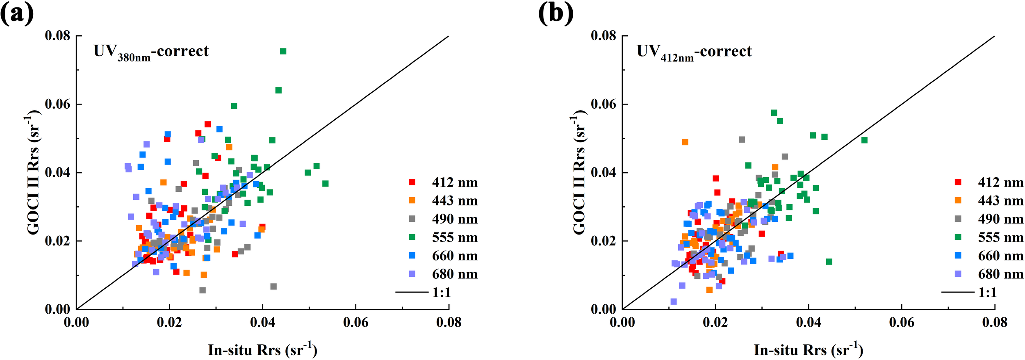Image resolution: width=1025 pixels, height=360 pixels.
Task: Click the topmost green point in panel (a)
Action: pyautogui.click(x=283, y=51)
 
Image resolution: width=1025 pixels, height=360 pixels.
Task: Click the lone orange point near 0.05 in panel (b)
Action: pyautogui.click(x=685, y=142)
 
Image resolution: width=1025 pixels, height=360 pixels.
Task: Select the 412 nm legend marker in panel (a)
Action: pyautogui.click(x=412, y=182)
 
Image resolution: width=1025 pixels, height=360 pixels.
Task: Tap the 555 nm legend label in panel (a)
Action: pyautogui.click(x=455, y=237)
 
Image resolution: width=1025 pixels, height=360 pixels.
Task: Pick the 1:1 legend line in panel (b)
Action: pyautogui.click(x=957, y=292)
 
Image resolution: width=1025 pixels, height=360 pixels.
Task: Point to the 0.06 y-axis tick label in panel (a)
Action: pyautogui.click(x=57, y=104)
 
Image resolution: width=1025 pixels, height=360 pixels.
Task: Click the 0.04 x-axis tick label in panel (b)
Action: pyautogui.click(x=809, y=322)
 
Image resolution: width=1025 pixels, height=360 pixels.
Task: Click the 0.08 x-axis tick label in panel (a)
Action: pyautogui.click(x=449, y=322)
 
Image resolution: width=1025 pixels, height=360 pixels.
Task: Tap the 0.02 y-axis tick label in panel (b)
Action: pyautogui.click(x=604, y=241)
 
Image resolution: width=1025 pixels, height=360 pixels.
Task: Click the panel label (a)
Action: pyautogui.click(x=16, y=14)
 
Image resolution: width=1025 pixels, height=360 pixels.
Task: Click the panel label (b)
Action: pyautogui.click(x=556, y=14)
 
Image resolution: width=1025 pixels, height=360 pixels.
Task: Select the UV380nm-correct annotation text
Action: pyautogui.click(x=151, y=52)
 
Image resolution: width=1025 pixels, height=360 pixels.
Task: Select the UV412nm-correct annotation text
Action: pyautogui.click(x=694, y=52)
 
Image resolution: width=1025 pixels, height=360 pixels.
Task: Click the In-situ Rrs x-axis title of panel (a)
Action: pyautogui.click(x=262, y=350)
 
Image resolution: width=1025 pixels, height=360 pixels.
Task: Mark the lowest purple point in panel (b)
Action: pyautogui.click(x=674, y=302)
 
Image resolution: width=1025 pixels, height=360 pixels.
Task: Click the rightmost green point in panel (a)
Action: pyautogui.click(x=325, y=184)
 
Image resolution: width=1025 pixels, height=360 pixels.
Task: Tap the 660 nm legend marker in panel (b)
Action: pyautogui.click(x=958, y=255)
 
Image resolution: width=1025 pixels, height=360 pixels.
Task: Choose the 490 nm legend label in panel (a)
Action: pyautogui.click(x=455, y=219)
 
